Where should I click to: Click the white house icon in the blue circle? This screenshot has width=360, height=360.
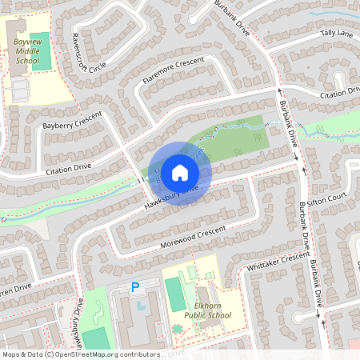(180, 172)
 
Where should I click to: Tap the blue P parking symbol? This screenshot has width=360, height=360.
(135, 287)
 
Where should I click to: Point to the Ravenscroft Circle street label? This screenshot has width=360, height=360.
(88, 53)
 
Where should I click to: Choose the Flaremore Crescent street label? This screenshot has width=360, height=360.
(173, 70)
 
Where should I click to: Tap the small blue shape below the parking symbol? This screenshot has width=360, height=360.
(142, 304)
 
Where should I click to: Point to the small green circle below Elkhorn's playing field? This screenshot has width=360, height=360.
(178, 328)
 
